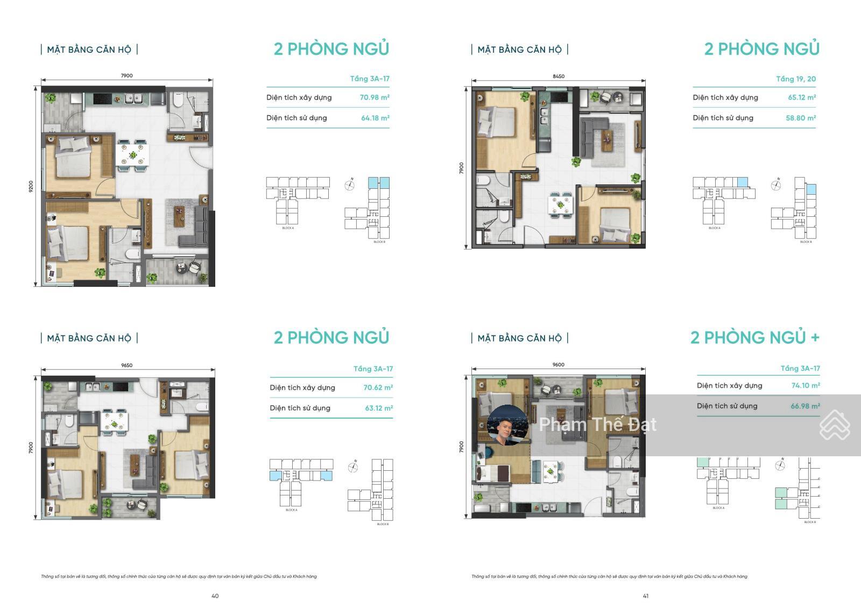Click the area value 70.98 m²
point(375,97)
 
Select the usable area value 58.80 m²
point(800,118)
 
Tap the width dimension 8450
point(559,76)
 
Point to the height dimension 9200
point(31,187)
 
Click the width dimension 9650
point(126,365)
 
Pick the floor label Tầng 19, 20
point(795,79)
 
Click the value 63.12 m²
point(378,408)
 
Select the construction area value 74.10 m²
point(805,385)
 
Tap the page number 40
point(215,596)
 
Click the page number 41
point(646,596)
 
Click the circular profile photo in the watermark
point(507,425)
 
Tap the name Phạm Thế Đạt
point(597,425)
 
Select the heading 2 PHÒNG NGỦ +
point(754,337)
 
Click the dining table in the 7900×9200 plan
point(132,155)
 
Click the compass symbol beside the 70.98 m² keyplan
point(350,186)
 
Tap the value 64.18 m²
point(375,118)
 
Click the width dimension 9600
point(558,365)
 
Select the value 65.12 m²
point(801,97)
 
